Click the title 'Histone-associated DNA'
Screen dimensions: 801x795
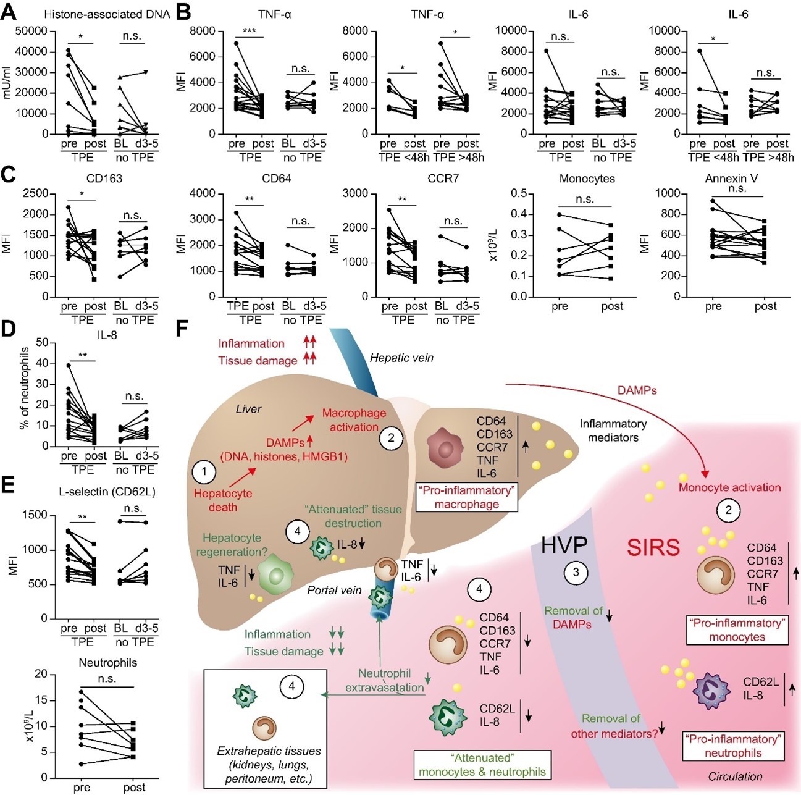pos(107,14)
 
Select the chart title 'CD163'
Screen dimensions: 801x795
pos(104,179)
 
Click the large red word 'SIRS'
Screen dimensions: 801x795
pos(653,547)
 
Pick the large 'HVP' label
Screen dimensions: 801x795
pos(564,545)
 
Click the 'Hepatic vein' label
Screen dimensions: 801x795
pos(401,358)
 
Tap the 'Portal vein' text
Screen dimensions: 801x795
pos(334,590)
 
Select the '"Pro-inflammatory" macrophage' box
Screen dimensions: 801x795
pos(467,497)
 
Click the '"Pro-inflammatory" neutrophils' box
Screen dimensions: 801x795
pos(733,746)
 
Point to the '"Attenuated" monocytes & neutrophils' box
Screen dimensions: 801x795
pos(482,765)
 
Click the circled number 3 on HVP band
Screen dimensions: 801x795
pos(576,573)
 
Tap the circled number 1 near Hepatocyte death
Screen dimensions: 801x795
pos(204,471)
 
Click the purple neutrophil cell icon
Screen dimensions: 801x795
pos(711,691)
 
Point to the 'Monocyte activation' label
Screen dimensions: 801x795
pos(729,487)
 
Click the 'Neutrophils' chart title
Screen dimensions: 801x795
pos(107,662)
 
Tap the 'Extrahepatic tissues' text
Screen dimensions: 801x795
pos(269,751)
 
